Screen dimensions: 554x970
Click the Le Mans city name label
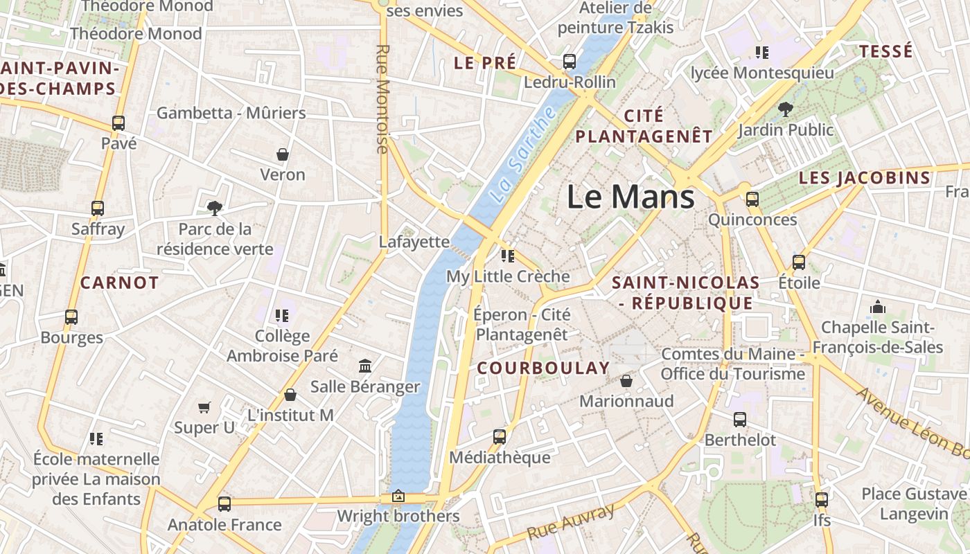click(630, 197)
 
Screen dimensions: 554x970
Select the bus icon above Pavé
click(118, 124)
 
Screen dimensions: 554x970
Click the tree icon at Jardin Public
click(785, 109)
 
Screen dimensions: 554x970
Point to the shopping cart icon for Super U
click(204, 407)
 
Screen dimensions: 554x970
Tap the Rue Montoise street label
click(382, 99)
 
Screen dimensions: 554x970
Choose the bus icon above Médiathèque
click(500, 437)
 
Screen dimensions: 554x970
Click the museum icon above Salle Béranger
click(365, 366)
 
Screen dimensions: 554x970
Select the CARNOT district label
click(120, 283)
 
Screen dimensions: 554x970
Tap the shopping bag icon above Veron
click(283, 154)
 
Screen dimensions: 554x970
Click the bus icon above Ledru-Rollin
click(570, 62)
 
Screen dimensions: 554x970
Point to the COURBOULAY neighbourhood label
click(543, 368)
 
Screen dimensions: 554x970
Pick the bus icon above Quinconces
click(752, 199)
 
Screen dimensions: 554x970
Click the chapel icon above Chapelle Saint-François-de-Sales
click(878, 306)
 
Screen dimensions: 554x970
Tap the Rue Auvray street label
click(570, 521)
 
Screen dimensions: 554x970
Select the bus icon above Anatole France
click(224, 504)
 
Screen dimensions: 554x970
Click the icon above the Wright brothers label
click(398, 496)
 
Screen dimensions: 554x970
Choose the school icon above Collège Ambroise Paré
click(282, 316)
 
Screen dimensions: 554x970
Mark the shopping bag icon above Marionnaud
click(626, 381)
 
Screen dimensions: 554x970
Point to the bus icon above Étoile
click(799, 262)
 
